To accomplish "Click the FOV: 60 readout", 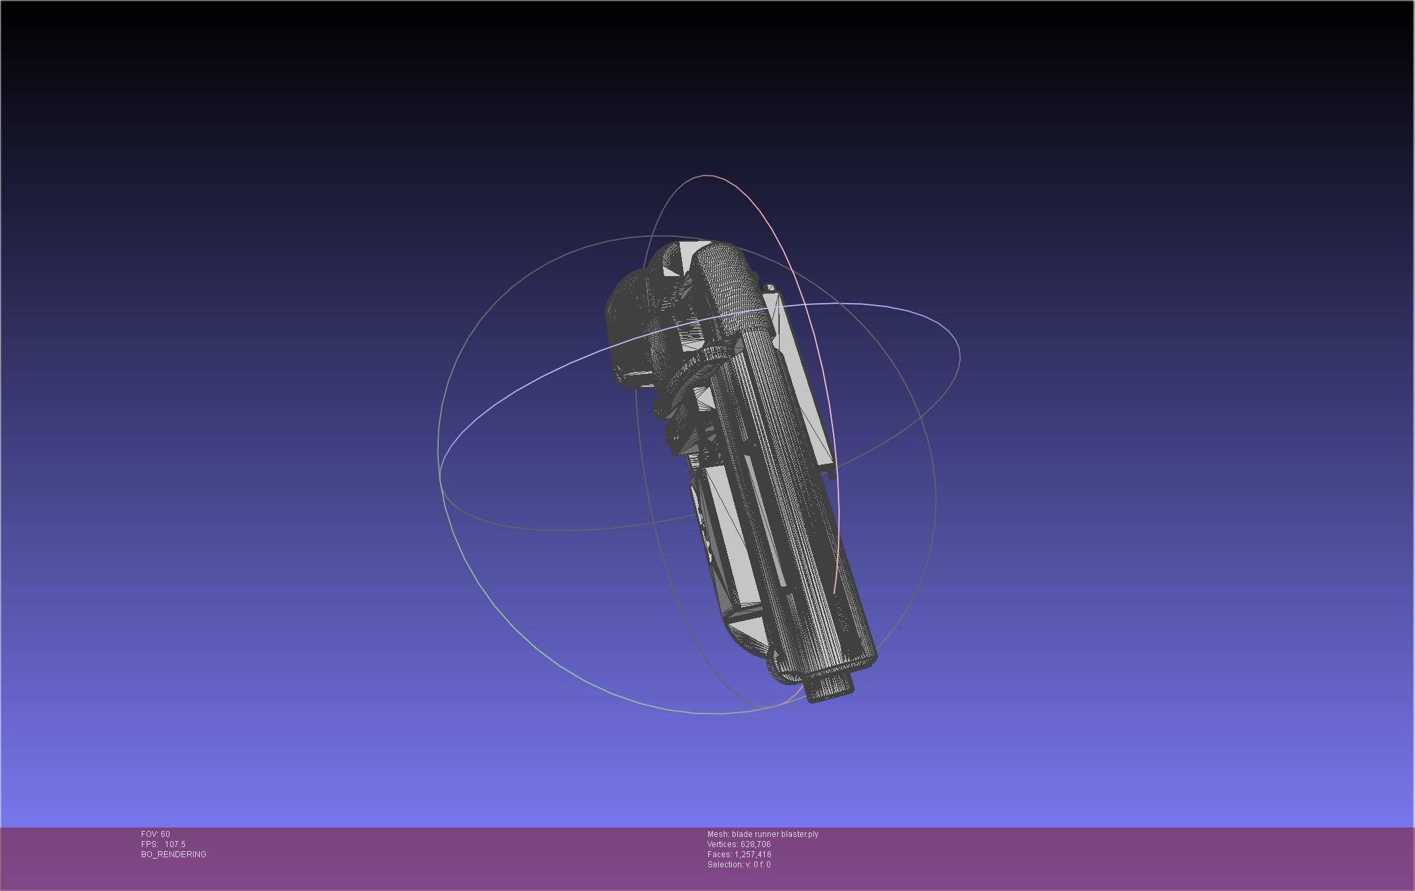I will coord(155,834).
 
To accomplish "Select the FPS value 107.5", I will coord(175,844).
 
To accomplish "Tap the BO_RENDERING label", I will coord(173,855).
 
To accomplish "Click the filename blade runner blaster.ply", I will coord(775,834).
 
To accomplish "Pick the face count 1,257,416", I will coord(753,855).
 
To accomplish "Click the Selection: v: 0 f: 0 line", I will coord(739,865).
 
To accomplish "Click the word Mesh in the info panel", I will coord(718,834).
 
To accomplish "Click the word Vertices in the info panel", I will coord(722,844).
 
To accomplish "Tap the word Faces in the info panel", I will coord(719,855).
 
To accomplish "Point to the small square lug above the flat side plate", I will coord(771,288).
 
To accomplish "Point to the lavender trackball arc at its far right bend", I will coord(957,344).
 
